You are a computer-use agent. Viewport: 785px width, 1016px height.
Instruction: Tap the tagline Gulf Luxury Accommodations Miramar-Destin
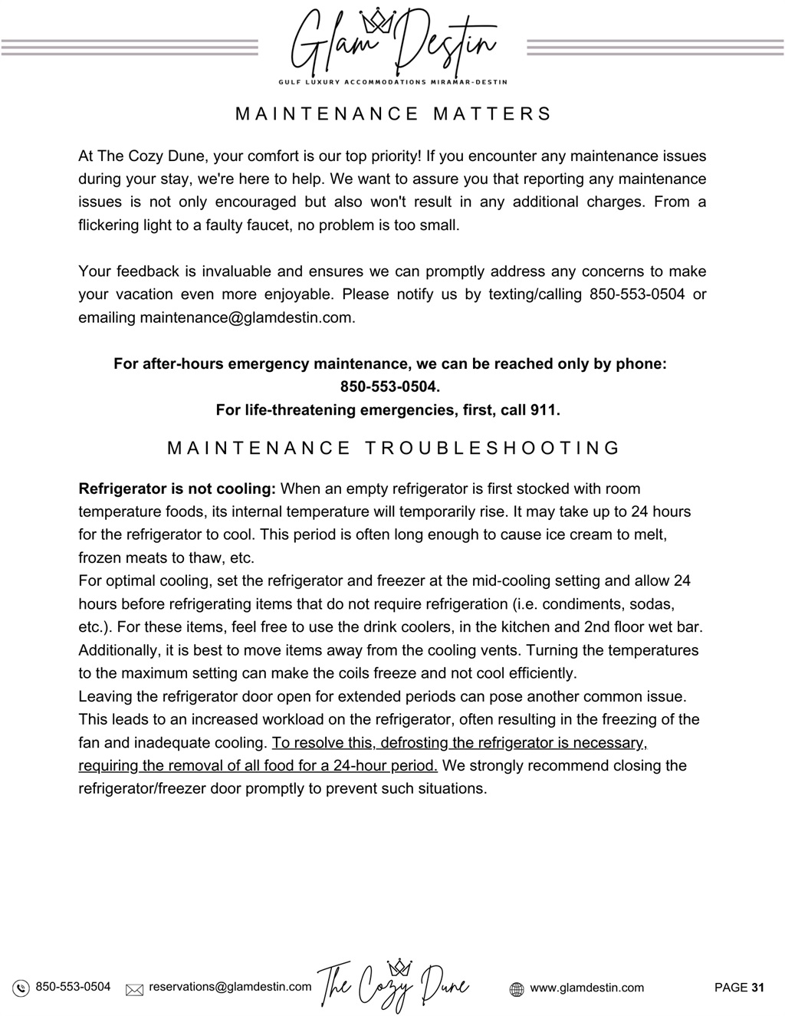(392, 81)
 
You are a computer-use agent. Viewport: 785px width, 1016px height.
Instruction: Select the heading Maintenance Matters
(392, 114)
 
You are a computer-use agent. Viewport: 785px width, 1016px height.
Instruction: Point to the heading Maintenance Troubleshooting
(392, 449)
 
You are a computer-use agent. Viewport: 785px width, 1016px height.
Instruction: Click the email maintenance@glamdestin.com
(247, 317)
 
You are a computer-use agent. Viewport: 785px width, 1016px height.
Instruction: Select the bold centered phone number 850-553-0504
(389, 387)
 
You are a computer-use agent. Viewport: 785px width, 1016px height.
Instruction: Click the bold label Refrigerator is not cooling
(177, 489)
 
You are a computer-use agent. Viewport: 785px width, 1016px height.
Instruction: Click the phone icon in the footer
(21, 988)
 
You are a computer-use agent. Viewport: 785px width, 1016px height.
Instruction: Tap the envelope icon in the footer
(135, 989)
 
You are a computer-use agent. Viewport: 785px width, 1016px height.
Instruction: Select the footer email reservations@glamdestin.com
(230, 987)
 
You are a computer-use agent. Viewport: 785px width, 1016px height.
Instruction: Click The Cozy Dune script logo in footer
(392, 985)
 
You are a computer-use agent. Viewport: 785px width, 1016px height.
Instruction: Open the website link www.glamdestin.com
(586, 988)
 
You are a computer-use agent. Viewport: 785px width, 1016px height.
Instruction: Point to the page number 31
(757, 988)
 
